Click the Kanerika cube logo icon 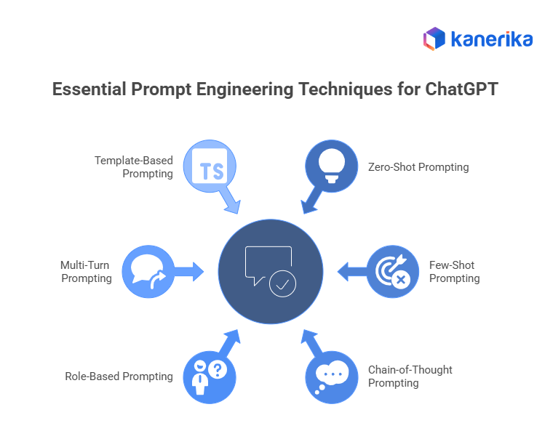coord(434,39)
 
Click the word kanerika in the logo coord(491,39)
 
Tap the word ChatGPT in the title coord(463,91)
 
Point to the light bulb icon coord(332,166)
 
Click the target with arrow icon coord(393,272)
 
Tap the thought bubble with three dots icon coord(332,376)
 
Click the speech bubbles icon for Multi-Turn coord(148,272)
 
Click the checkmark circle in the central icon coord(282,284)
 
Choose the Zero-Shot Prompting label coord(418,167)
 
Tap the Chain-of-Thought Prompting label coord(410,376)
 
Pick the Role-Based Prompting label coord(119,376)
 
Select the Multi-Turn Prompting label coord(87,272)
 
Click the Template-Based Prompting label coord(134,167)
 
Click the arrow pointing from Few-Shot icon coord(351,272)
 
